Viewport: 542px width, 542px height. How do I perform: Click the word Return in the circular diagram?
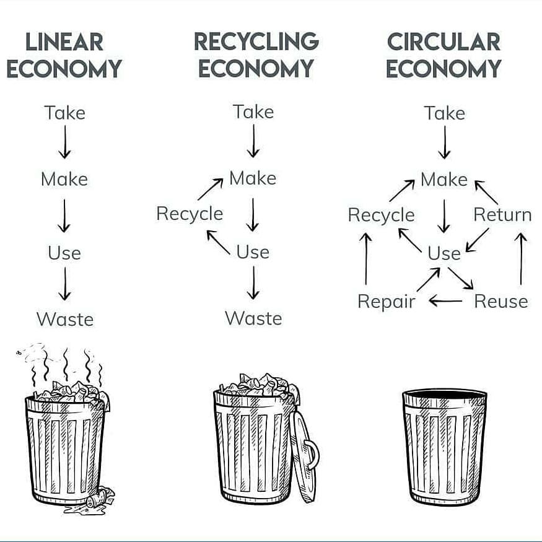502,215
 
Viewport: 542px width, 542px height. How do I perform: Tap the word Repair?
386,302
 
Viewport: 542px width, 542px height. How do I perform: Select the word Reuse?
500,302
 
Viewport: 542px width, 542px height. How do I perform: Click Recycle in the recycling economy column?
190,214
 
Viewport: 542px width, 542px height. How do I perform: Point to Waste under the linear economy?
64,320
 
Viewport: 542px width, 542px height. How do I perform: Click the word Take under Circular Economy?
444,113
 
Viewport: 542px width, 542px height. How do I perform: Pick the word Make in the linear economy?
64,180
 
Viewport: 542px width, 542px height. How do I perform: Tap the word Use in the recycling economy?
253,252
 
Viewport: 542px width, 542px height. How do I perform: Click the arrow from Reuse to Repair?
445,302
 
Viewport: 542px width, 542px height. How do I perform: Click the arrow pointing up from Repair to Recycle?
366,259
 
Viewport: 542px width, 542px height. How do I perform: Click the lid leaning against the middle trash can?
304,455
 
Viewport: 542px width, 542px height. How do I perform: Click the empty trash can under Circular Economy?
444,446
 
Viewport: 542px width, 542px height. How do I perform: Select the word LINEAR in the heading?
64,43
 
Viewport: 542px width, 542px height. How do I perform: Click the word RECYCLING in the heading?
256,42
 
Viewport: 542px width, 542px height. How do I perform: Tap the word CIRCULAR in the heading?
444,42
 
